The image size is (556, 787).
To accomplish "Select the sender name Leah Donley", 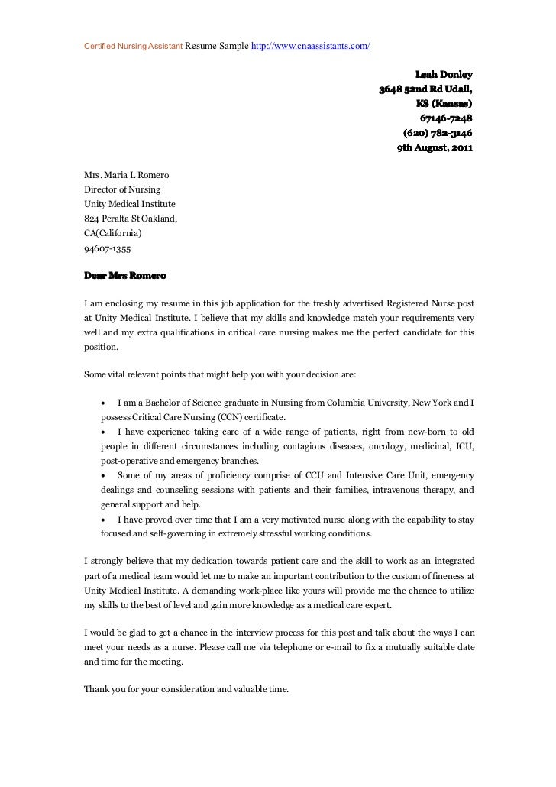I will [x=443, y=75].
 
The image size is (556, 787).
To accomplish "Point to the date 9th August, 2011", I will [x=435, y=147].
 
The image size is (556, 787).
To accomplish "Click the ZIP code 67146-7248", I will [x=446, y=118].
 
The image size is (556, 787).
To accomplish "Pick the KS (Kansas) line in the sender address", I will [x=443, y=104].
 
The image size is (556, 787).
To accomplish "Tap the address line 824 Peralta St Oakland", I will [x=130, y=219].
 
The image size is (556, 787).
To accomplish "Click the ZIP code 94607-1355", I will [x=107, y=248].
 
